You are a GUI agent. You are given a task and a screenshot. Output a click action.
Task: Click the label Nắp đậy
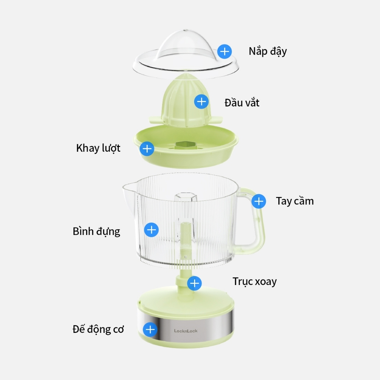tap(268, 51)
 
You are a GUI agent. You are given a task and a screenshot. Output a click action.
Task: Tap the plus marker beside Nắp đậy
tap(225, 51)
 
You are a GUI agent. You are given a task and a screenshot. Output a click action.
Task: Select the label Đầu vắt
tap(242, 102)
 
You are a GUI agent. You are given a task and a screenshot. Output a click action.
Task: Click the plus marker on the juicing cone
tap(202, 101)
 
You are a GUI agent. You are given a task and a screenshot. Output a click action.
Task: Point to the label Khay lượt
tap(98, 148)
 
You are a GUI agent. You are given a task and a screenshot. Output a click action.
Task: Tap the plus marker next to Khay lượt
tap(147, 149)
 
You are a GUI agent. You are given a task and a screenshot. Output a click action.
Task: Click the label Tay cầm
tap(295, 201)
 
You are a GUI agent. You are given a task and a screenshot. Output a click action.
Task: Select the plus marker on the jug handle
tap(259, 202)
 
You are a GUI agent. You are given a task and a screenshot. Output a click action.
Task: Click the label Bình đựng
tap(96, 231)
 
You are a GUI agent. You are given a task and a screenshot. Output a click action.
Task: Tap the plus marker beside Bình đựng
tap(151, 230)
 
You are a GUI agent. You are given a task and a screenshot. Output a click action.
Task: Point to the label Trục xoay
tap(255, 281)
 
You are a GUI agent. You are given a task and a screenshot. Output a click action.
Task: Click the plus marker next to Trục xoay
tap(194, 284)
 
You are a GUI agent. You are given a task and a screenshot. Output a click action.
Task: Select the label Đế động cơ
tap(98, 329)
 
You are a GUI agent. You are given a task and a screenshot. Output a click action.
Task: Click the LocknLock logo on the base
tap(186, 331)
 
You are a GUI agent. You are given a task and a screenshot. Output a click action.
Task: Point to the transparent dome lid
tap(186, 48)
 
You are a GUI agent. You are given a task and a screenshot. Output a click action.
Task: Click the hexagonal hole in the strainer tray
tap(183, 144)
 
